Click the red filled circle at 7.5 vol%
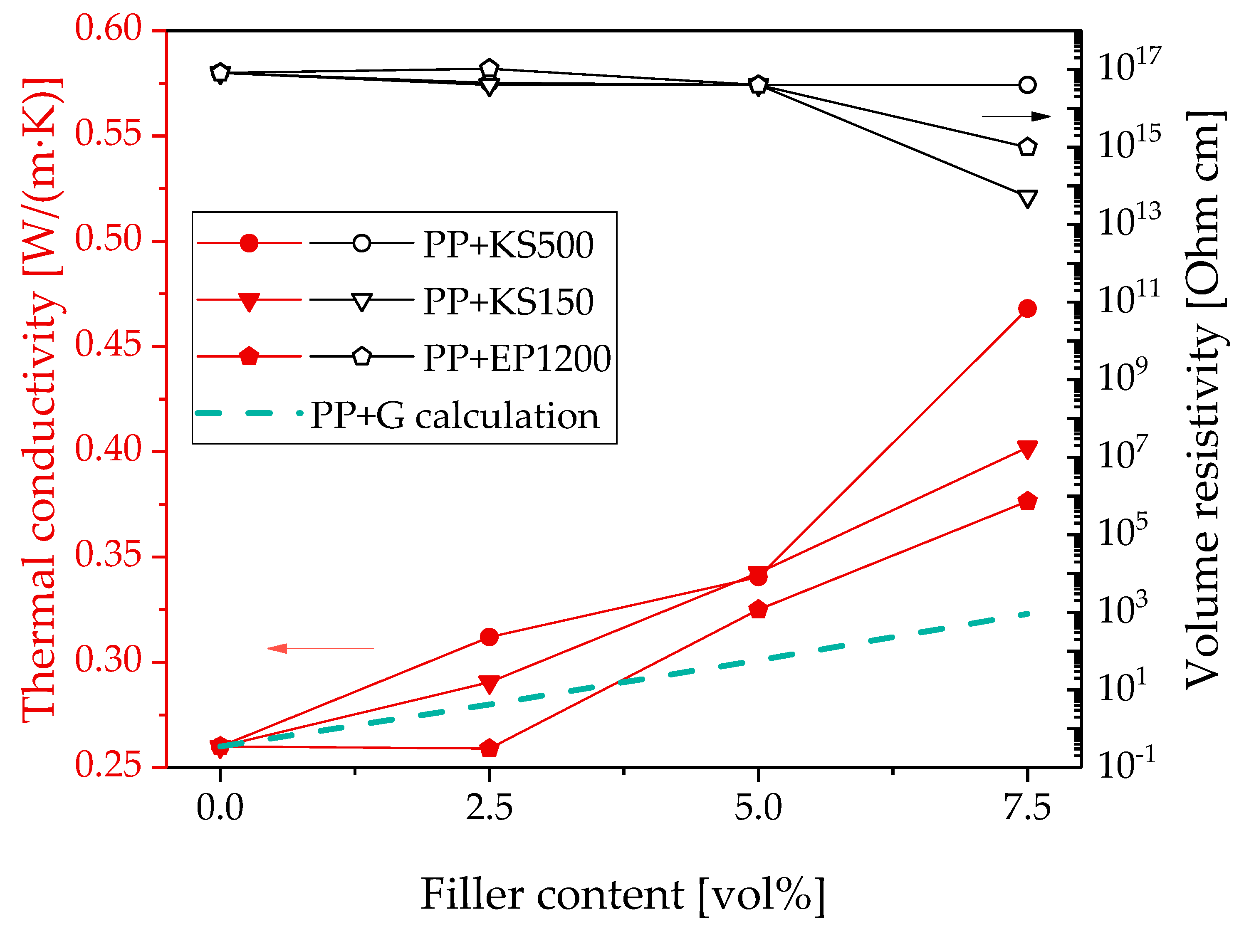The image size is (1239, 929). pos(1027,309)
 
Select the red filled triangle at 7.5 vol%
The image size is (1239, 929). pos(1027,449)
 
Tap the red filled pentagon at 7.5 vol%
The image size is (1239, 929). pos(1027,501)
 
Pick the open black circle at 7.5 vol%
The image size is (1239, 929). pos(1027,85)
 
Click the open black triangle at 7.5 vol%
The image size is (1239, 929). pos(1027,198)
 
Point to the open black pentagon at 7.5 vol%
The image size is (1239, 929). pos(1027,147)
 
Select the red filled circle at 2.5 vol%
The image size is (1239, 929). pos(489,637)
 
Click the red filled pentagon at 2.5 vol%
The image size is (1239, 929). pos(489,748)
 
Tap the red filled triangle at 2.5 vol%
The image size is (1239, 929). pos(489,684)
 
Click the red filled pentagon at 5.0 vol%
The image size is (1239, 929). pos(758,609)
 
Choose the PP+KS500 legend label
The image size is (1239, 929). pos(508,245)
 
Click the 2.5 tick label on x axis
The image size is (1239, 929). pos(489,808)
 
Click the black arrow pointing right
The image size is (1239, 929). pos(1016,116)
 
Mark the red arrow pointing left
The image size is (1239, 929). pos(320,648)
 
